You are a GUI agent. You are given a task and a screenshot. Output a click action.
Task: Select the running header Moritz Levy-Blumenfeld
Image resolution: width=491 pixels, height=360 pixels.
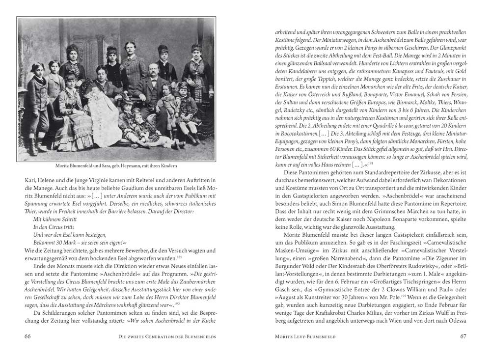(304, 336)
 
